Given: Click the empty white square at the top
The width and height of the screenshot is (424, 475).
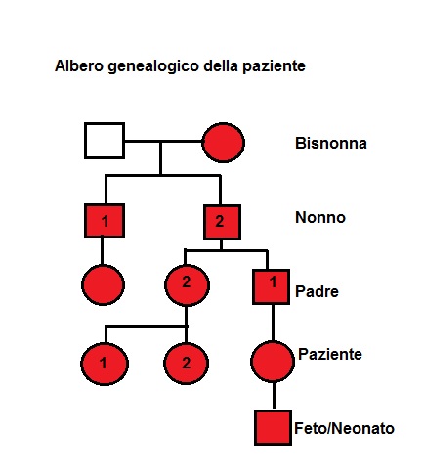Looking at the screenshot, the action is (105, 141).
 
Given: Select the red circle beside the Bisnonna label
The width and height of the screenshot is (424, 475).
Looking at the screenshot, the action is (223, 143).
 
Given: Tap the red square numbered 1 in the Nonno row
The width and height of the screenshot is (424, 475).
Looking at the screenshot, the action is (105, 221).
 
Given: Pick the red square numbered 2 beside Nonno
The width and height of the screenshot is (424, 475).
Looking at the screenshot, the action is (222, 222).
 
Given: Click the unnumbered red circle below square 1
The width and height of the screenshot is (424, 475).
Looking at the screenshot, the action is (103, 284).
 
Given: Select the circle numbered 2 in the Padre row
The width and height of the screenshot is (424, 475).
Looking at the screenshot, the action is (187, 285).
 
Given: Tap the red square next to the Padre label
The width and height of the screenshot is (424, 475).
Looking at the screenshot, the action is (271, 286).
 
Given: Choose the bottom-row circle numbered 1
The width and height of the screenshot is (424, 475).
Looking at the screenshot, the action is (105, 364).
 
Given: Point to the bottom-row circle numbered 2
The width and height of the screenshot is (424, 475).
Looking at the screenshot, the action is (186, 364).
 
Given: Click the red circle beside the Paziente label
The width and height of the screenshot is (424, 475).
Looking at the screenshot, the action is (273, 362).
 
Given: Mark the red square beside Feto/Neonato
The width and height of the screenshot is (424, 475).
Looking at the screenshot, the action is (273, 427).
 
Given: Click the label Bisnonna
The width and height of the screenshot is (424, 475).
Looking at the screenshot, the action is (331, 143).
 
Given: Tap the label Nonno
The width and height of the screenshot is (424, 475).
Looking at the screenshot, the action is (320, 217).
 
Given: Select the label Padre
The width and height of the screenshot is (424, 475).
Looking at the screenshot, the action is (317, 291).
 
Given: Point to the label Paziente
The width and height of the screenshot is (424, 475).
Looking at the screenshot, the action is (330, 354).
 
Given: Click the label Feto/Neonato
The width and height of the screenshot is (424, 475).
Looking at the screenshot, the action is (344, 428).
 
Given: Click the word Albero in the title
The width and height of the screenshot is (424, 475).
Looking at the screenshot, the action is (79, 65).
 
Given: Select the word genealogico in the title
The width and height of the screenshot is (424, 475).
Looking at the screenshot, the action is (153, 66).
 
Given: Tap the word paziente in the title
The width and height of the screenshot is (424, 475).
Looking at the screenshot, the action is (274, 66).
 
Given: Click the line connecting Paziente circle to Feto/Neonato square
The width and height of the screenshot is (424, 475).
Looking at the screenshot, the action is (274, 396).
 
